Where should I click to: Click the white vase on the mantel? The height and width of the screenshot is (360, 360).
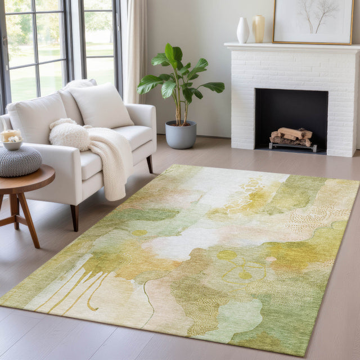pyautogui.click(x=242, y=30)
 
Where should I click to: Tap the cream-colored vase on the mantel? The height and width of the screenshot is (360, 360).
pyautogui.click(x=259, y=29)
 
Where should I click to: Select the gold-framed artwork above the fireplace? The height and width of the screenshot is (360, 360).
pyautogui.click(x=313, y=21)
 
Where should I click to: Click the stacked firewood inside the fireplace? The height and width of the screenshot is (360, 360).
pyautogui.click(x=291, y=137)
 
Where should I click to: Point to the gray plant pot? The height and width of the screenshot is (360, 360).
pyautogui.click(x=181, y=135)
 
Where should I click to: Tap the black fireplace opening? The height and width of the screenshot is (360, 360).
pyautogui.click(x=291, y=110)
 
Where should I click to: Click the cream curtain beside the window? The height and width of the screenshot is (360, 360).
pyautogui.click(x=136, y=51)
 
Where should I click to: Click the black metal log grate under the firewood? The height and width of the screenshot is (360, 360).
pyautogui.click(x=292, y=147)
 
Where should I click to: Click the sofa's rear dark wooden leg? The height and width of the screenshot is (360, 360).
pyautogui.click(x=150, y=164)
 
